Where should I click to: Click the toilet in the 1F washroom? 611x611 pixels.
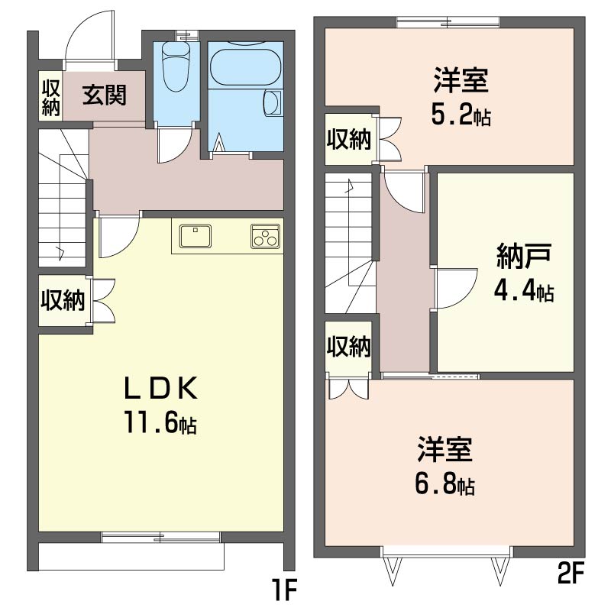(x=176, y=66)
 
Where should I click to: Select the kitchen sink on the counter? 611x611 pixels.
(x=196, y=236)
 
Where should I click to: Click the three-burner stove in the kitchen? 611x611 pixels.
(x=265, y=236)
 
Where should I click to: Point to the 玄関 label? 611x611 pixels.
(x=105, y=95)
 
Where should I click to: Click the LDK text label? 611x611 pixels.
(x=160, y=389)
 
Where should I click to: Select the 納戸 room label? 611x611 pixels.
(x=524, y=256)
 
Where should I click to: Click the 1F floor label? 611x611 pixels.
(x=286, y=590)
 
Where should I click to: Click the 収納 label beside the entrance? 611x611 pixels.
(x=50, y=98)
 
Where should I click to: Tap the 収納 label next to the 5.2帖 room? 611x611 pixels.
(x=349, y=139)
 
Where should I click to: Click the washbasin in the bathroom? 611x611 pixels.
(x=273, y=102)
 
